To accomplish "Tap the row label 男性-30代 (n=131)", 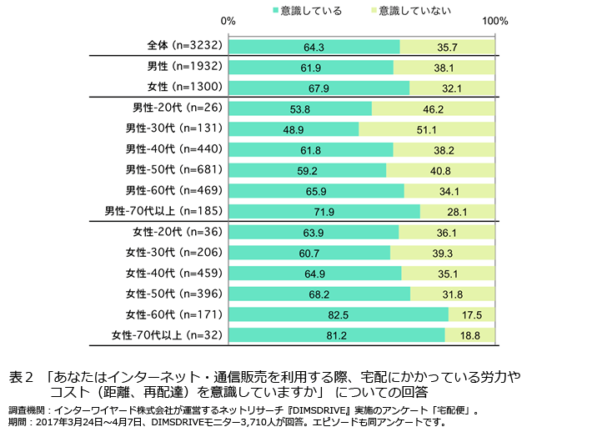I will (x=173, y=128).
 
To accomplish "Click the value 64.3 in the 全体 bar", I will (x=314, y=47).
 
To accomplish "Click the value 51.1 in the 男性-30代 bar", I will (x=427, y=128).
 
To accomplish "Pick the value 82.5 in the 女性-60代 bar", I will (x=339, y=314).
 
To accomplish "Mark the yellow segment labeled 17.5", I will (x=472, y=314).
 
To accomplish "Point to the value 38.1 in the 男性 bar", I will (x=444, y=67).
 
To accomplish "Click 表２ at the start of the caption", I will (x=21, y=376).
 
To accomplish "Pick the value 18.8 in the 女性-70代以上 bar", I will (x=470, y=335).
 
